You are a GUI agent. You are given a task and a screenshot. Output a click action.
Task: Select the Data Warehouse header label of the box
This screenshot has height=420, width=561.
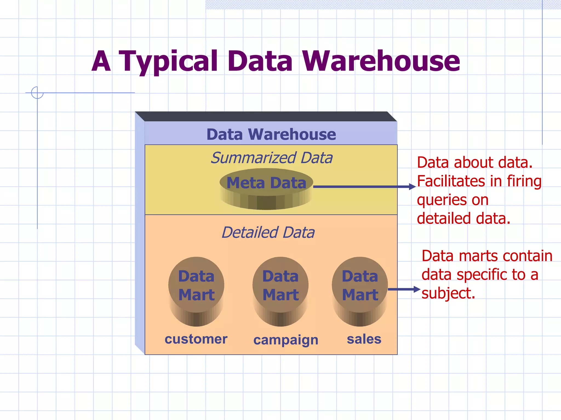pos(271,134)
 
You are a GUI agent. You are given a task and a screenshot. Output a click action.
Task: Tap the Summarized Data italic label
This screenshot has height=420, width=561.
pos(271,158)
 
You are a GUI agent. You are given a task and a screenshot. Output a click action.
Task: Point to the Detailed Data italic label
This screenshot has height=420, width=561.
pos(268,232)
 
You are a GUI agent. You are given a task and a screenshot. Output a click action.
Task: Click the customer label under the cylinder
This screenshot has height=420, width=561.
pos(196,339)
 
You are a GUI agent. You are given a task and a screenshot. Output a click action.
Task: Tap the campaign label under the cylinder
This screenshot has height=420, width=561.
pos(286,340)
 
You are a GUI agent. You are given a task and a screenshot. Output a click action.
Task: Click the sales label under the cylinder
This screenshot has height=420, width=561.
pos(364,339)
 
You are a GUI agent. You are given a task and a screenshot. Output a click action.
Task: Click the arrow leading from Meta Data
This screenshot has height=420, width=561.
pos(364,187)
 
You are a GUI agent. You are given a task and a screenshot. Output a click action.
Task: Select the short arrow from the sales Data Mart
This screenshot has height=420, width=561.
pos(404,289)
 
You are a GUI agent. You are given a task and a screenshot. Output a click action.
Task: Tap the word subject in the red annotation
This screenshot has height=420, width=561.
pos(448,293)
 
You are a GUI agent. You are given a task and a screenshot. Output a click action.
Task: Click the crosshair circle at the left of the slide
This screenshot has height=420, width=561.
pos(37,93)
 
